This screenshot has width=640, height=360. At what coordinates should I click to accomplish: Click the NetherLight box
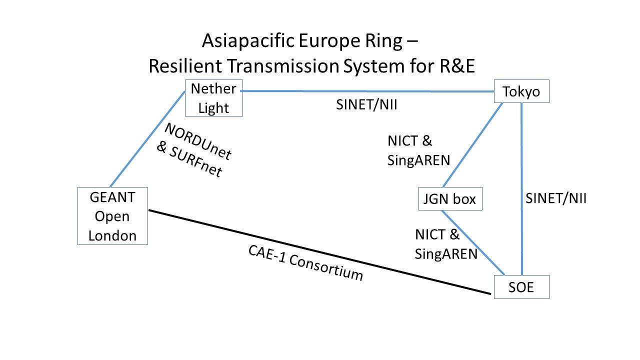[x=213, y=98]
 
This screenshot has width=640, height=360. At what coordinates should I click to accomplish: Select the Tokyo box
[x=521, y=91]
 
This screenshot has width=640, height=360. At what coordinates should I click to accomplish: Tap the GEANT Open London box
[x=112, y=216]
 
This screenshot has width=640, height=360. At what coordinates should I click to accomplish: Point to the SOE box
[x=521, y=287]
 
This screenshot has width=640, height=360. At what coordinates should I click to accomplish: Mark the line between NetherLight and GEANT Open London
[x=147, y=139]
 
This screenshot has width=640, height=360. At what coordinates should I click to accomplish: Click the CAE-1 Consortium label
[x=305, y=263]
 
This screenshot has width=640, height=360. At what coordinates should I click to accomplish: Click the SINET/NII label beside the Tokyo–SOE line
[x=555, y=198]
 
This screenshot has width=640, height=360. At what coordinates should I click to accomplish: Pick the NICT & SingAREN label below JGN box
[x=445, y=243]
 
